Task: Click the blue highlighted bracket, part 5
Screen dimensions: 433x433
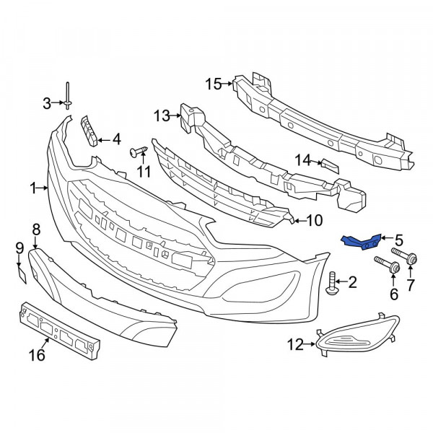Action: click(x=362, y=242)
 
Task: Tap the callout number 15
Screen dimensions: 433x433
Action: click(x=213, y=84)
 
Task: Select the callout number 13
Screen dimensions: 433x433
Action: click(x=162, y=115)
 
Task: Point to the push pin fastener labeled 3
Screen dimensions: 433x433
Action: click(x=68, y=96)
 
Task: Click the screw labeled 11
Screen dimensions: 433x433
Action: click(x=138, y=152)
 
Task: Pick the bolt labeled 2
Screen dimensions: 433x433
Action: click(x=332, y=283)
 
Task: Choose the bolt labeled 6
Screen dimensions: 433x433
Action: click(x=387, y=264)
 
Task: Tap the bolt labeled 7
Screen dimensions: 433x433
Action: click(x=404, y=256)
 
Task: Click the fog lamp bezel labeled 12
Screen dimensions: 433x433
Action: click(x=358, y=335)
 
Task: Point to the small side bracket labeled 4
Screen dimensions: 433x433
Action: click(x=89, y=131)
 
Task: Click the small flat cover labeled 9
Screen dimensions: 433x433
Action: click(x=22, y=274)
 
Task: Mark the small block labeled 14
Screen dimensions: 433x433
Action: click(x=330, y=167)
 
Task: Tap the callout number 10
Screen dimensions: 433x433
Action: click(x=315, y=221)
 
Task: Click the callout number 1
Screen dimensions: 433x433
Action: click(x=33, y=188)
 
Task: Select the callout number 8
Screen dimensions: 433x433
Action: click(x=36, y=229)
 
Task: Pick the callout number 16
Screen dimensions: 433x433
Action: click(x=37, y=355)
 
